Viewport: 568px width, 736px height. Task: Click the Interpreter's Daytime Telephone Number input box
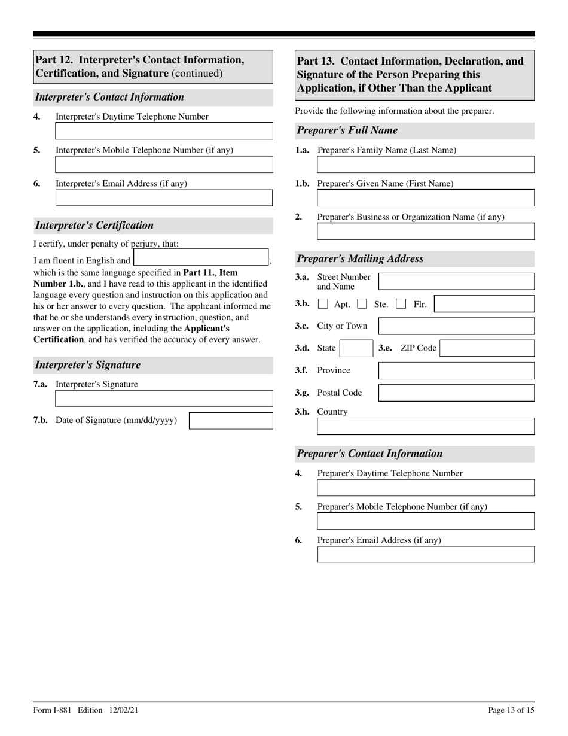[164, 131]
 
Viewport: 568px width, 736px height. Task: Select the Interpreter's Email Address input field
[164, 198]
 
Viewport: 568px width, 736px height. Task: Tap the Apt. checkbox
[323, 304]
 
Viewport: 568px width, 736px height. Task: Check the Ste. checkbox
[362, 304]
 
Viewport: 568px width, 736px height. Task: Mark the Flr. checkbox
[401, 304]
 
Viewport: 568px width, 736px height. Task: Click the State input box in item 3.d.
[356, 348]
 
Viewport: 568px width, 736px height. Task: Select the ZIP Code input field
[487, 348]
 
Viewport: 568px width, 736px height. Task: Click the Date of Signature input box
[231, 421]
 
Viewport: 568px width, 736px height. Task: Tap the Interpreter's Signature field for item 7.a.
[164, 399]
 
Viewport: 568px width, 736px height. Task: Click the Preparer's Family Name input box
[426, 165]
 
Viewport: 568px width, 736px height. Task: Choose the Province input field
[456, 370]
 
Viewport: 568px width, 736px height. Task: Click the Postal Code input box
[456, 393]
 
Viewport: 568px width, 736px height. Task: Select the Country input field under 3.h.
[426, 426]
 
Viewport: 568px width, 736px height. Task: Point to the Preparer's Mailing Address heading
[361, 259]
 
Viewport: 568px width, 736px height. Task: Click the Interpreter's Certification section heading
[94, 226]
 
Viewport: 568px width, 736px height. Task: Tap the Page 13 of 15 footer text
[511, 710]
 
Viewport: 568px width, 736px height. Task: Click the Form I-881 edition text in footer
[86, 710]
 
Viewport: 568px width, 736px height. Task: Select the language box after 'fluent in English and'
[201, 258]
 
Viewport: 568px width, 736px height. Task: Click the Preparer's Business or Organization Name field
[426, 232]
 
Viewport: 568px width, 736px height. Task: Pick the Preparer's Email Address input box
[426, 555]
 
